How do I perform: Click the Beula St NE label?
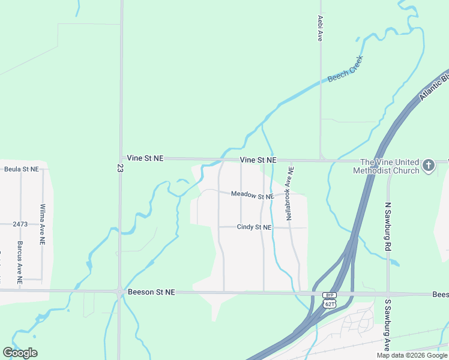coord(21,169)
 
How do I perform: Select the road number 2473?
coord(20,224)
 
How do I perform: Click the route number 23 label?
coord(121,170)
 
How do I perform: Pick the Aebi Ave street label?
coord(321,28)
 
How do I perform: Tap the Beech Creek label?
coord(345,70)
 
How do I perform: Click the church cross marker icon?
coord(429,166)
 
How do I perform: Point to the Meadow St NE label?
coord(253,195)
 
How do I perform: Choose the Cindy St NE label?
coord(254,227)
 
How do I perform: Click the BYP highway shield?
coord(329,295)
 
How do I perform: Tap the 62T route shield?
coord(329,304)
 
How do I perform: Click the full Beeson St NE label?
coord(151,292)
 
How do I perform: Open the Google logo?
coord(20,353)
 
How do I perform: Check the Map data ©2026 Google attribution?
coord(411,355)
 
